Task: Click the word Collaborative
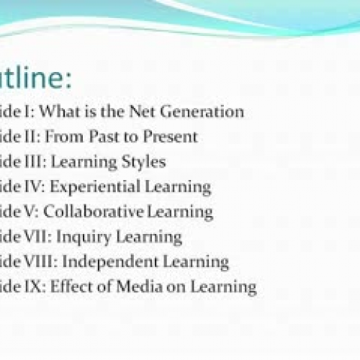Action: [102, 212]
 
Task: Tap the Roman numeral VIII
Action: [40, 262]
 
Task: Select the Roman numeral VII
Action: [37, 237]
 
